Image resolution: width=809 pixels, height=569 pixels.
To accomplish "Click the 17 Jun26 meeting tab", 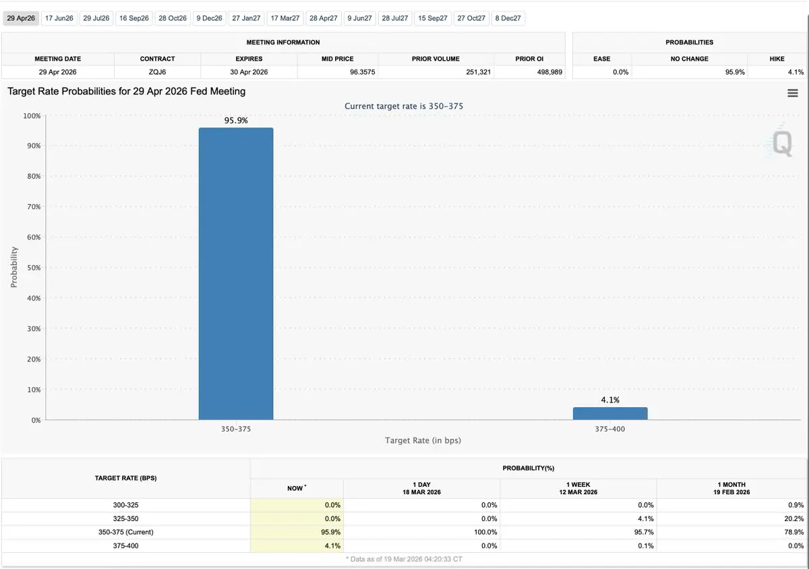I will [x=59, y=18].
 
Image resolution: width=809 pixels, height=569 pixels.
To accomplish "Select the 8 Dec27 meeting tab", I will [x=508, y=18].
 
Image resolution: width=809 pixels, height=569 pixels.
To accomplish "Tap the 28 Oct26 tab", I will [x=172, y=18].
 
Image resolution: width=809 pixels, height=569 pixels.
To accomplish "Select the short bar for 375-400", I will [x=610, y=413].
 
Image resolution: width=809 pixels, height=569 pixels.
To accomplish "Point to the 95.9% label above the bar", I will [x=236, y=121].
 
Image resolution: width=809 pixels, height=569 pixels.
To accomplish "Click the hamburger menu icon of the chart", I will [x=793, y=94].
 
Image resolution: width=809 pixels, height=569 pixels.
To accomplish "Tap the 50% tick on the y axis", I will [x=33, y=268].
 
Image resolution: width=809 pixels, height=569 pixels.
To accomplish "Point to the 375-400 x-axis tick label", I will [x=610, y=428].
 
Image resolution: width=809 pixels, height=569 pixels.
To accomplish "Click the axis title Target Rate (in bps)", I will [x=423, y=440].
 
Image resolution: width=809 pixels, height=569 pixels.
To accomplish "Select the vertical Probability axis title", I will [x=14, y=268].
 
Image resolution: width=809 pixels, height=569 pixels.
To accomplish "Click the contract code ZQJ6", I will [x=158, y=72].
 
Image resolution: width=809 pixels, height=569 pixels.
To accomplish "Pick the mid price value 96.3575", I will [x=363, y=72].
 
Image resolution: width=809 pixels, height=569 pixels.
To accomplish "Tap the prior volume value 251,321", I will [x=478, y=72].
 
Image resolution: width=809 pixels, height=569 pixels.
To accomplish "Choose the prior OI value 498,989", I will [x=548, y=72].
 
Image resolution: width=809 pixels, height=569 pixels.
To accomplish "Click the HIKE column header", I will [x=777, y=59].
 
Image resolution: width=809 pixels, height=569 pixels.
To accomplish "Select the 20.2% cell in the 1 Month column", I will [x=794, y=518].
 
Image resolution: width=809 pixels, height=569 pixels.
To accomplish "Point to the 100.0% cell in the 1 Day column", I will [x=484, y=532].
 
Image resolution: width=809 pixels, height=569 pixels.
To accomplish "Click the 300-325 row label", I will [x=126, y=505].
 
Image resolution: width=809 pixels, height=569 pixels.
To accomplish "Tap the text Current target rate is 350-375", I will [x=404, y=106].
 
